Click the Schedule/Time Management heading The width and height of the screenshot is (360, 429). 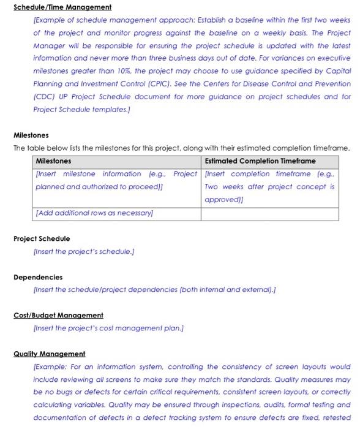62,7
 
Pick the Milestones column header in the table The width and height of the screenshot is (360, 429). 53,161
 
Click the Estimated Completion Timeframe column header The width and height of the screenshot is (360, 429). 260,161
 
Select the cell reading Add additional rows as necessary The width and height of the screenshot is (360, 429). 94,213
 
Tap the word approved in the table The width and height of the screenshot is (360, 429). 222,200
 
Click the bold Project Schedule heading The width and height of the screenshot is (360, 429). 42,238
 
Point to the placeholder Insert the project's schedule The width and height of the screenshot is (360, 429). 84,251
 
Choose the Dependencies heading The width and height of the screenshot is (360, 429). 38,277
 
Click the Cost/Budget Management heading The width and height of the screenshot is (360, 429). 58,315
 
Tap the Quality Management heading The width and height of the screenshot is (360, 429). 50,354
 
